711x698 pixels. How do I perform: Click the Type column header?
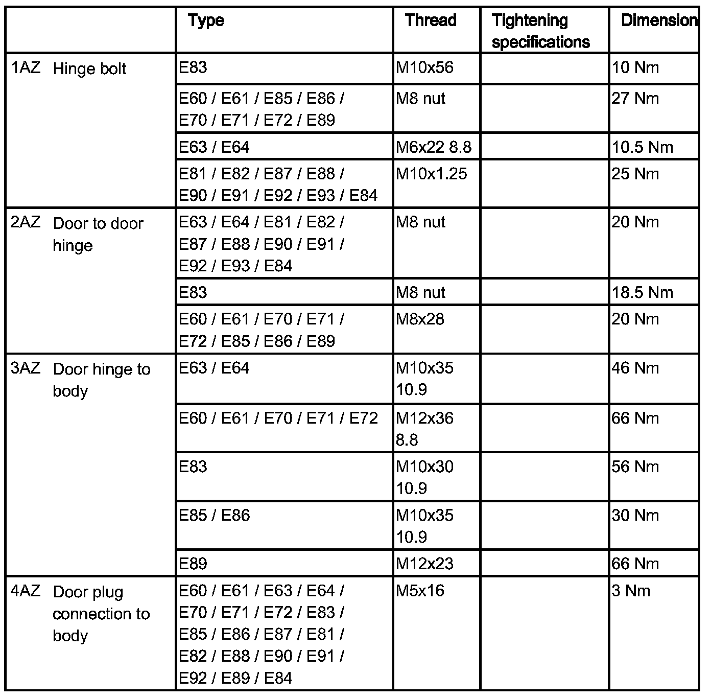(x=206, y=20)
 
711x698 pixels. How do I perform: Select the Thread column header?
(x=430, y=20)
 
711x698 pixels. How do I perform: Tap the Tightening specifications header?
(x=540, y=31)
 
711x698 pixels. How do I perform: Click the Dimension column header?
(x=658, y=20)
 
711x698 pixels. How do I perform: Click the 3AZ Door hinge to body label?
(x=81, y=380)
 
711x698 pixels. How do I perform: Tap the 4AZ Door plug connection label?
(x=81, y=613)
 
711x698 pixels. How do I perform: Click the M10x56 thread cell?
(x=424, y=67)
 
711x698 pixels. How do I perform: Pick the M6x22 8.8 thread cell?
(x=434, y=147)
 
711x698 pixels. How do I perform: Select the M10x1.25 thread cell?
(x=431, y=174)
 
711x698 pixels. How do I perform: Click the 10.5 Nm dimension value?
(x=642, y=147)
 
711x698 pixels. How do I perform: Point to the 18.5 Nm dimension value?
(x=642, y=292)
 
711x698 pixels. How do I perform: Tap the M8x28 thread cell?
(x=420, y=319)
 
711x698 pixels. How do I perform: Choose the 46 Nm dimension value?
(x=635, y=368)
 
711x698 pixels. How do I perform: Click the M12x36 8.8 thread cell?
(x=424, y=429)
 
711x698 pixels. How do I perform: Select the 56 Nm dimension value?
(x=635, y=467)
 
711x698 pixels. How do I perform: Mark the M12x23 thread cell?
(x=424, y=564)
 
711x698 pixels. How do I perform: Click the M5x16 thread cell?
(x=420, y=591)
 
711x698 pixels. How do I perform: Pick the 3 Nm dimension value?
(x=631, y=591)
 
